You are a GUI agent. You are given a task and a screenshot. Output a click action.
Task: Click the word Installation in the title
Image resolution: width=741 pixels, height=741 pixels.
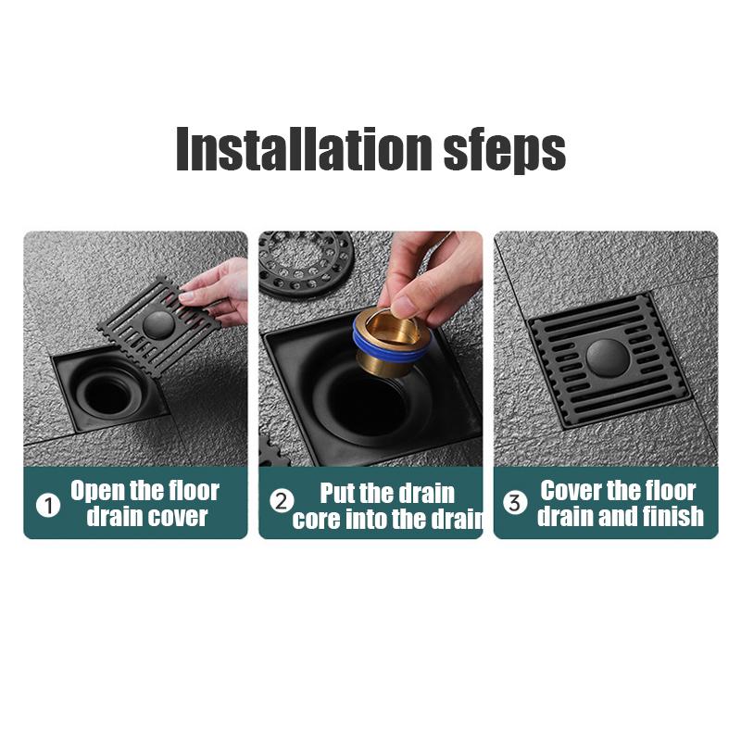pyautogui.click(x=304, y=148)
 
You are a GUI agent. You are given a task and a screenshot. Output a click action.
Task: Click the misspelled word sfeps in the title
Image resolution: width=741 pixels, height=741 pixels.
pyautogui.click(x=505, y=151)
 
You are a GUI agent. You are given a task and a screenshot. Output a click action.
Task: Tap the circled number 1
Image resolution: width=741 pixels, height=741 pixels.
pyautogui.click(x=48, y=506)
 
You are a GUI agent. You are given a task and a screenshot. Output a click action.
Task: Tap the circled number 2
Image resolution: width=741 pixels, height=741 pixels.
pyautogui.click(x=282, y=501)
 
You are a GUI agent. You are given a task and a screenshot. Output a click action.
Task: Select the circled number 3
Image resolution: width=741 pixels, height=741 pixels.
pyautogui.click(x=515, y=502)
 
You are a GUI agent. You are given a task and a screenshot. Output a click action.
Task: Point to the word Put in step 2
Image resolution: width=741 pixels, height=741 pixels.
pyautogui.click(x=337, y=493)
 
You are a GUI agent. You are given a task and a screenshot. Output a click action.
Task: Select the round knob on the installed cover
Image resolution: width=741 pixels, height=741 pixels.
pyautogui.click(x=608, y=358)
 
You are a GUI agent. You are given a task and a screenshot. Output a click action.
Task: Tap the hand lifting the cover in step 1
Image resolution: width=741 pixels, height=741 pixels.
pyautogui.click(x=219, y=295)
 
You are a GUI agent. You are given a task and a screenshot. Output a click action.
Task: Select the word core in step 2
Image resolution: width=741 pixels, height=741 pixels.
pyautogui.click(x=317, y=519)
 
